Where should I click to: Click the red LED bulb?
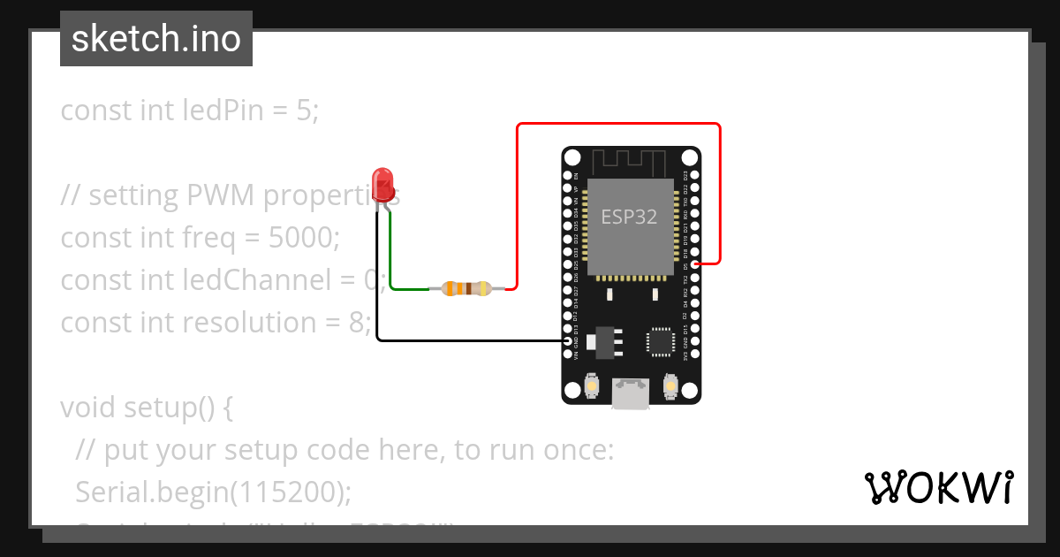coord(383,183)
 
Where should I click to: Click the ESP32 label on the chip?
coord(629,217)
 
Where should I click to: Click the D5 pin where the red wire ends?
coord(695,263)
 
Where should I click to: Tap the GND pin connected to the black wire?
coord(569,340)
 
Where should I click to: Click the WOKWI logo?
coord(938,487)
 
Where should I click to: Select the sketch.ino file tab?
coord(156,39)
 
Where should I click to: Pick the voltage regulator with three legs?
coord(606,342)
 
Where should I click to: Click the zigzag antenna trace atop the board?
coord(629,161)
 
